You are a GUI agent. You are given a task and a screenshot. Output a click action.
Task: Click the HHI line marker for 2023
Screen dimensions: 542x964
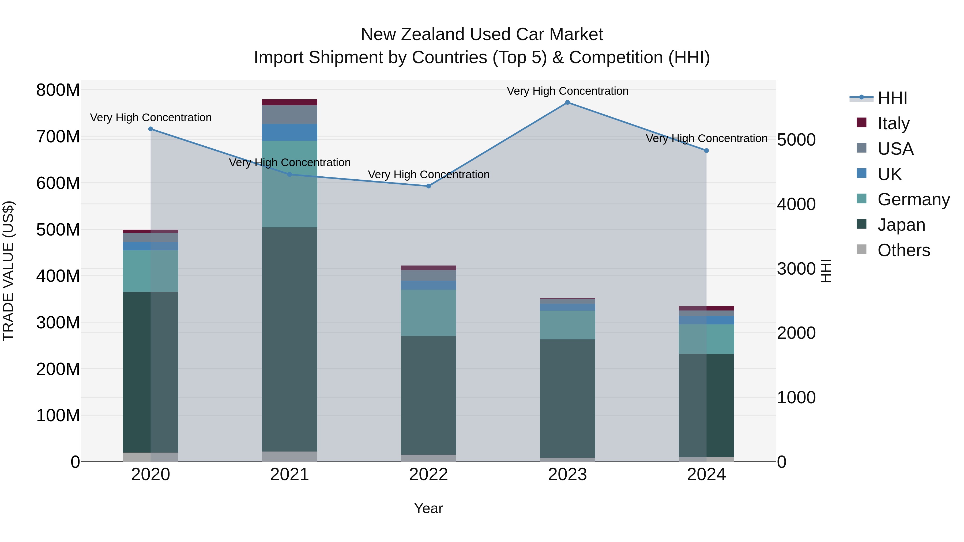(x=567, y=103)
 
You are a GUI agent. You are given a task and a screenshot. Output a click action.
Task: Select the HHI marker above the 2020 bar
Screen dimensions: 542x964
(x=150, y=129)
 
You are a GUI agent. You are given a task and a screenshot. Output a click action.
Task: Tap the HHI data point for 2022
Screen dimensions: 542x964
(x=428, y=186)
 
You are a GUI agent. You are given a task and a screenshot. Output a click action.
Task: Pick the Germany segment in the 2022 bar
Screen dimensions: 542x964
(x=428, y=313)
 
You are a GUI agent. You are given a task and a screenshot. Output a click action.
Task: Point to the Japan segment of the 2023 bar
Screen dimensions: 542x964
(x=567, y=398)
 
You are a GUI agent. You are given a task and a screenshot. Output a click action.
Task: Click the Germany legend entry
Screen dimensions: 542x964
(x=913, y=199)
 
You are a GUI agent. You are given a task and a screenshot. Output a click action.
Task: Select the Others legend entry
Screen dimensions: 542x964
(x=903, y=250)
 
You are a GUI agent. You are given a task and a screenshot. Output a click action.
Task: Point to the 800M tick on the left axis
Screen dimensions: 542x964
(x=58, y=90)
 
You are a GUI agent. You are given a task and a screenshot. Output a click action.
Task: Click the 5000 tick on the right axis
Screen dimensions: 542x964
(x=796, y=140)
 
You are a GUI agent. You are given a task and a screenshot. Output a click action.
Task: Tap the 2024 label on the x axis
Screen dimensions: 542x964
(x=706, y=475)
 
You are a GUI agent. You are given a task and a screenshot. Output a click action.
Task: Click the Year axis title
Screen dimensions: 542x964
(x=428, y=508)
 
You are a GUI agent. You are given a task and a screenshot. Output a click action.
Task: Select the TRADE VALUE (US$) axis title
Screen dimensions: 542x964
(x=8, y=271)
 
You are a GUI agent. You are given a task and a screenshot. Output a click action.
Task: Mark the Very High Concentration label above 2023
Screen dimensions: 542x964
(x=567, y=91)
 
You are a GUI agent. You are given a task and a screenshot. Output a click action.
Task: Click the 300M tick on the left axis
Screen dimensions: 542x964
(x=58, y=323)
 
